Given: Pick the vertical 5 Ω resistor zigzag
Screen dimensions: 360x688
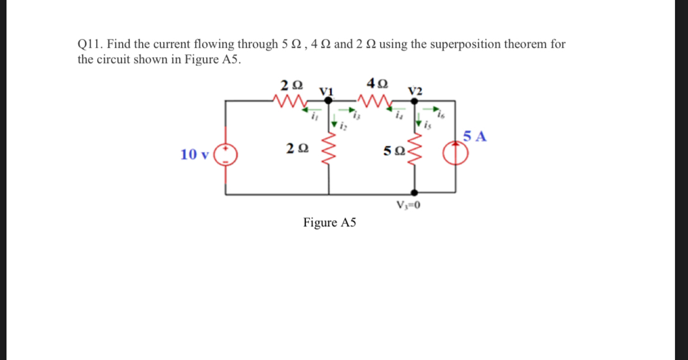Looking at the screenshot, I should pos(415,152).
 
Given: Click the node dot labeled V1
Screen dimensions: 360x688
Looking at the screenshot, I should pos(329,101).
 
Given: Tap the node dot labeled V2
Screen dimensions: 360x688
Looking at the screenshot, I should pos(415,101).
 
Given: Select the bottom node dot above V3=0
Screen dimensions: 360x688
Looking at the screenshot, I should pos(415,192).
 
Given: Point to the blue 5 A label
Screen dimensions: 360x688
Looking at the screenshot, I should pos(475,137).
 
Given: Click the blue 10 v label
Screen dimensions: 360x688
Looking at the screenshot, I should pos(194,155).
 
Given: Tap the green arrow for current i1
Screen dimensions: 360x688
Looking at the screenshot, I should pos(315,110).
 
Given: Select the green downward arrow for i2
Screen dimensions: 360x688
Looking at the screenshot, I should pos(334,124).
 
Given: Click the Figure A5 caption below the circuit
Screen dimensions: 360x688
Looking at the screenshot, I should pos(330,223).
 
